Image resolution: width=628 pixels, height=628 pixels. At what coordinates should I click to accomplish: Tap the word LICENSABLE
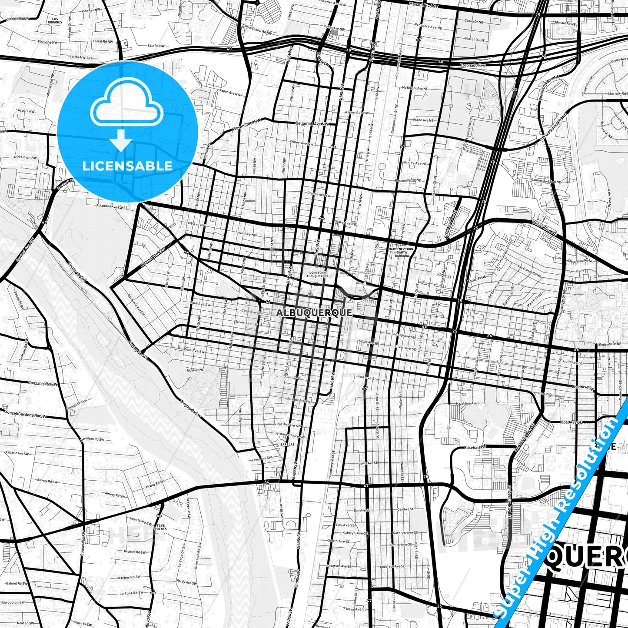(x=127, y=166)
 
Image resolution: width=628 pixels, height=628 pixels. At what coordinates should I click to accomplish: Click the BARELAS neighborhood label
(x=287, y=445)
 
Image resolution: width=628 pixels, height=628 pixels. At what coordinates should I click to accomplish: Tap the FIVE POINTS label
(x=161, y=527)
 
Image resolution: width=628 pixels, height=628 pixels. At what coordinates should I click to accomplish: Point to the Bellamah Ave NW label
(x=312, y=124)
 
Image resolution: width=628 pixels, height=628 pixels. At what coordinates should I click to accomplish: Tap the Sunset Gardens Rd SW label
(x=26, y=415)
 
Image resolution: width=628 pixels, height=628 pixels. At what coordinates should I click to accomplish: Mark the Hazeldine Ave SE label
(x=469, y=403)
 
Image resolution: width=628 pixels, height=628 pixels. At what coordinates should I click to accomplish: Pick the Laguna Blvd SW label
(x=153, y=257)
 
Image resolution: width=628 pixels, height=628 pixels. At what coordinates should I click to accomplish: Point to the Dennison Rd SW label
(x=93, y=439)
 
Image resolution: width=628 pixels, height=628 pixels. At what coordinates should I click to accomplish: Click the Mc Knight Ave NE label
(x=415, y=88)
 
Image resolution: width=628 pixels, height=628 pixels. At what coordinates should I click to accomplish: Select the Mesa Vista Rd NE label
(x=580, y=261)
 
